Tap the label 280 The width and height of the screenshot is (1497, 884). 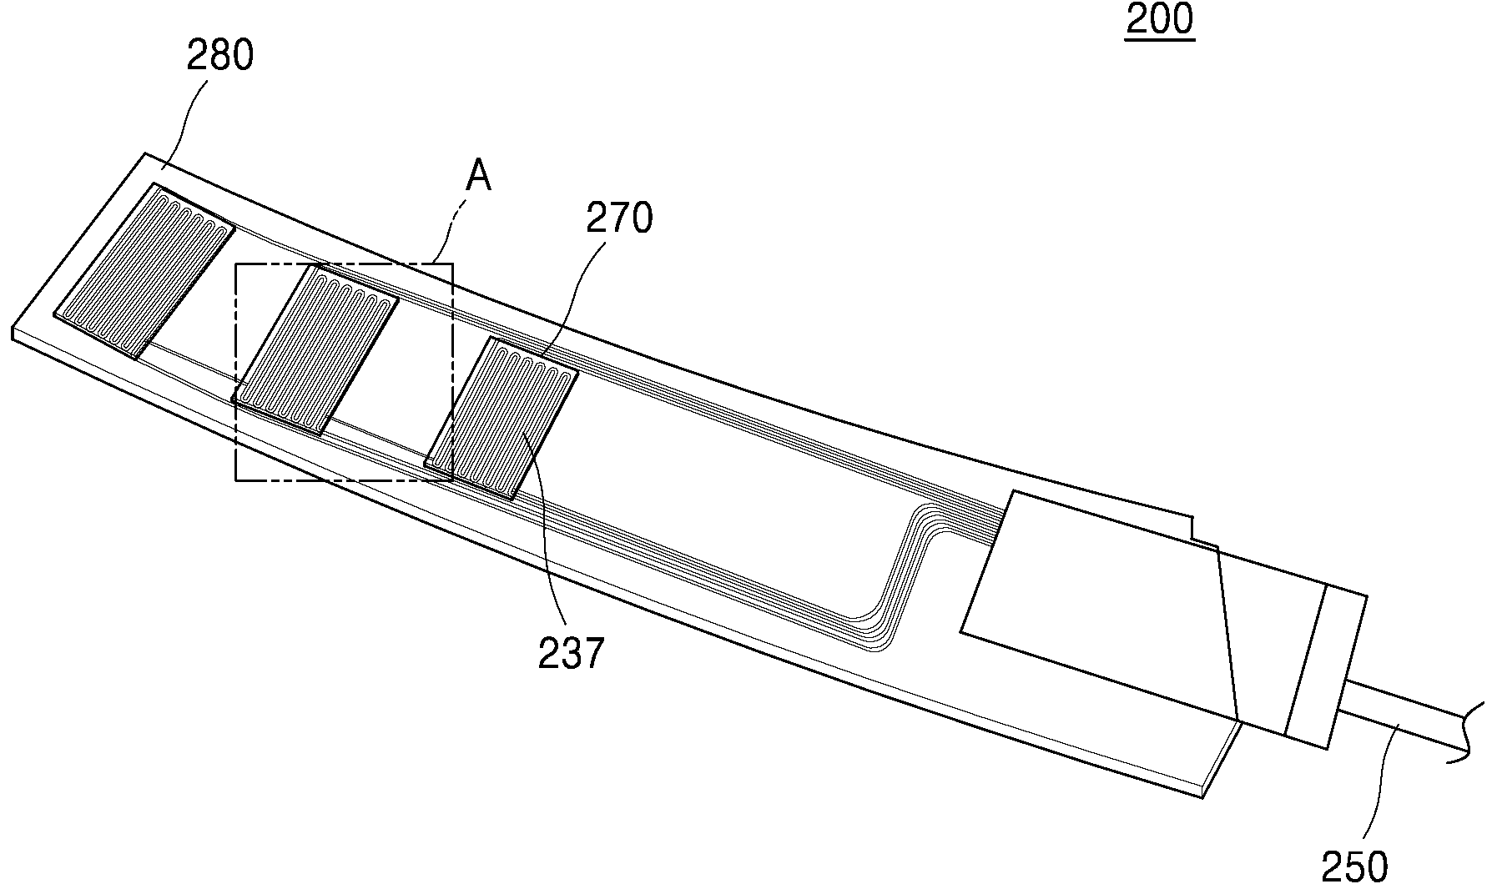pyautogui.click(x=220, y=56)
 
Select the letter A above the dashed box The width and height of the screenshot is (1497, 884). pyautogui.click(x=479, y=177)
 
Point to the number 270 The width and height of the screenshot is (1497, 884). pyautogui.click(x=619, y=218)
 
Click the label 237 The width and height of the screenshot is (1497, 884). pyautogui.click(x=571, y=653)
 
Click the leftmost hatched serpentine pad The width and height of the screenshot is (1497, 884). pyautogui.click(x=144, y=271)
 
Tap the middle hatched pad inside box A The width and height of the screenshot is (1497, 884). pyautogui.click(x=315, y=350)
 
